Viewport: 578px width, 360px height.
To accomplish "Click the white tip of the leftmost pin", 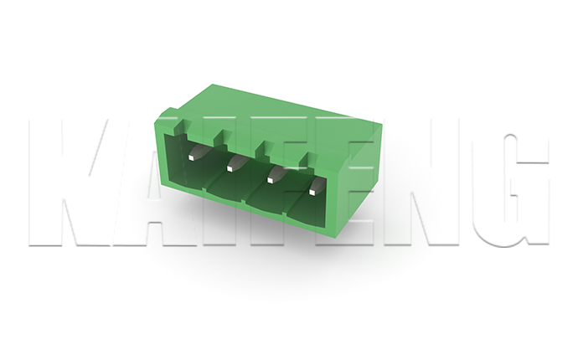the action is tap(191, 157).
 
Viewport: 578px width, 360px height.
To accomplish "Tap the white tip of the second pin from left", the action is tap(230, 169).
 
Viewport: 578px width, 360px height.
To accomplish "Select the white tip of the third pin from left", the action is tap(271, 180).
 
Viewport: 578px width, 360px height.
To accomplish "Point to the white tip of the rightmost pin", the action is tap(313, 192).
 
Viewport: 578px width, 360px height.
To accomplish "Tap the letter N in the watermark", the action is tap(421, 183).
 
